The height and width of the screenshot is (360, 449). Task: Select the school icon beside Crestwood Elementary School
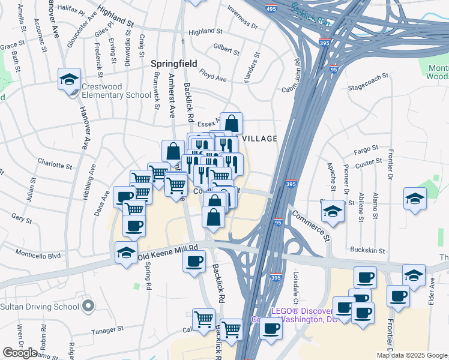tap(69, 79)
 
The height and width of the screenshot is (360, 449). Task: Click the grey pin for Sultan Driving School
tap(88, 307)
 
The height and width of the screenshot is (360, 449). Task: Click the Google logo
tap(20, 353)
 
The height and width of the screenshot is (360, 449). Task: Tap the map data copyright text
tap(412, 355)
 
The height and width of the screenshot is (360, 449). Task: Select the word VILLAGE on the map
tap(259, 139)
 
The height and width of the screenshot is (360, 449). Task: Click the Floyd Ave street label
tap(214, 77)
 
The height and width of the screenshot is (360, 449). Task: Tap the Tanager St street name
tap(107, 329)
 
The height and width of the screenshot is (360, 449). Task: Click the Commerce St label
tap(311, 222)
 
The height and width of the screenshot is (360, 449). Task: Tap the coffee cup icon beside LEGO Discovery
tap(271, 329)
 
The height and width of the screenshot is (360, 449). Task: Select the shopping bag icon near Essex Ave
tap(231, 124)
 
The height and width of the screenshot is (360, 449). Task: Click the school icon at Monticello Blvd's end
tap(126, 253)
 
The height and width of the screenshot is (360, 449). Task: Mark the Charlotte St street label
tap(55, 163)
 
